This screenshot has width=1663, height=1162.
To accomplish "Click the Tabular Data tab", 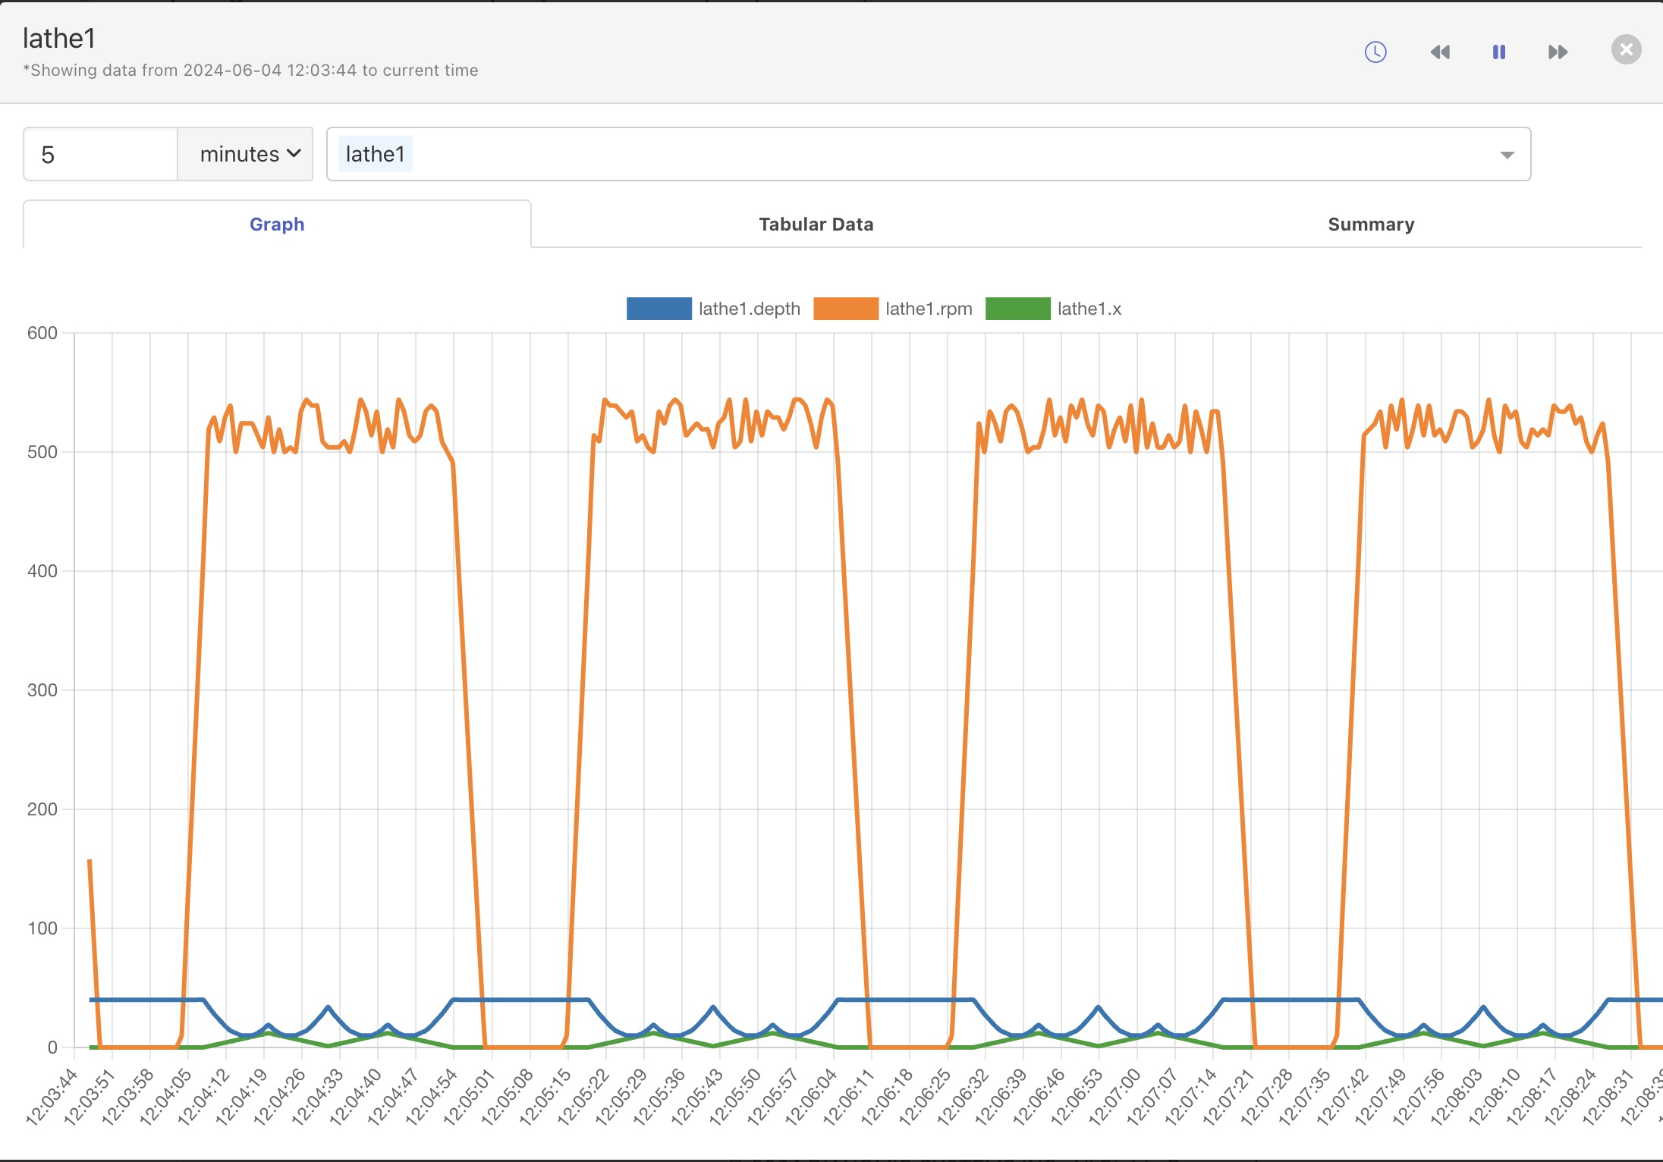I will tap(816, 225).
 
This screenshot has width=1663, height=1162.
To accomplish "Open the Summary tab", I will tap(1370, 225).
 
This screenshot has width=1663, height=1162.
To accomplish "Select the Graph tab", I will tap(277, 225).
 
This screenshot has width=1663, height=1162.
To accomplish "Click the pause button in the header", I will tap(1498, 52).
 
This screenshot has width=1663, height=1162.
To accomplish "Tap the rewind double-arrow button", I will tap(1439, 52).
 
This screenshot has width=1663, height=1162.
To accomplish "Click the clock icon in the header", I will tap(1375, 52).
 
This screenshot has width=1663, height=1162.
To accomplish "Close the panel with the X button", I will tap(1626, 50).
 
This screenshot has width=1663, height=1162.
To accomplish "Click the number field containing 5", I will tap(100, 155).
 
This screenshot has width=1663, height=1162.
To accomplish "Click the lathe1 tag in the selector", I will tap(375, 155).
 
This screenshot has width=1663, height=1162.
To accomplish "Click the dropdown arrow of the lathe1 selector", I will tap(1507, 155).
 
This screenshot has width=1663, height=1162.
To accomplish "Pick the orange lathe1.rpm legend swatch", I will tap(845, 309).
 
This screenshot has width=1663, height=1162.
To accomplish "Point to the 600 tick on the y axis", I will tap(42, 333).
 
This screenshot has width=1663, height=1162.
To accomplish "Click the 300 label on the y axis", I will tap(42, 690).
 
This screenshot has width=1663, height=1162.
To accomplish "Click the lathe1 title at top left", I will tap(59, 39).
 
